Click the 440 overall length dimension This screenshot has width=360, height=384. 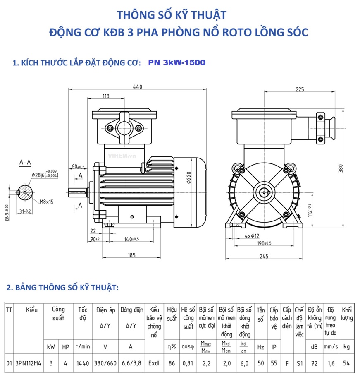click(137, 86)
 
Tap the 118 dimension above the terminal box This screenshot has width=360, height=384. click(105, 96)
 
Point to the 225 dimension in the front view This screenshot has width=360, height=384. click(300, 89)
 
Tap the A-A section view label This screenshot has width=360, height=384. click(26, 163)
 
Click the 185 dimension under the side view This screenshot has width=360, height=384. click(131, 255)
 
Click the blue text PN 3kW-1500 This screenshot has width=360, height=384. click(176, 62)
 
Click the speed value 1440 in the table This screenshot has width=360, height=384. click(82, 363)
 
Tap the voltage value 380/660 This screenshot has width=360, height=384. click(105, 363)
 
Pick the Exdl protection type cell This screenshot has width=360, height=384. click(154, 363)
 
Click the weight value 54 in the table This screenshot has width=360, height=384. click(346, 363)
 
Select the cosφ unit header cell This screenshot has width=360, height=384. click(188, 347)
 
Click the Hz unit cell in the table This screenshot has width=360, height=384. click(260, 347)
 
